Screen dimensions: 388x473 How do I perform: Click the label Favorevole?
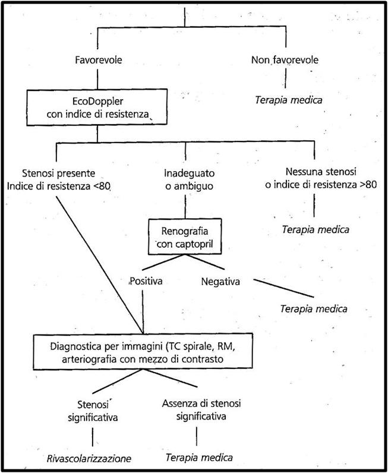click(99, 60)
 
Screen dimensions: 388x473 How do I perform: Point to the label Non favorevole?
click(285, 60)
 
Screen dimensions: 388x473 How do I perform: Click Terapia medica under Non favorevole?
click(289, 100)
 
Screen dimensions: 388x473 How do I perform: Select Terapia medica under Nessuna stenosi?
click(316, 229)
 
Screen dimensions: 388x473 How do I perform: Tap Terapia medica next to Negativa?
click(314, 308)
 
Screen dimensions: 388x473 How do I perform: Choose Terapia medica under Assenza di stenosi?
click(199, 458)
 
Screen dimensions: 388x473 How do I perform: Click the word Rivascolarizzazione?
click(89, 459)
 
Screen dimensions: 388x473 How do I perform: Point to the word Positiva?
click(146, 281)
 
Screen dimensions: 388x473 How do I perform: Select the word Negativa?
click(220, 282)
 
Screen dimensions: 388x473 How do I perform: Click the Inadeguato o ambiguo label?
click(189, 179)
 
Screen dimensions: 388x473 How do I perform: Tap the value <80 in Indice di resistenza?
click(102, 186)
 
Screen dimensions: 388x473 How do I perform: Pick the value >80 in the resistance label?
click(368, 184)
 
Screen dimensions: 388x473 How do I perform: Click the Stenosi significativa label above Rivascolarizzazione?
click(93, 411)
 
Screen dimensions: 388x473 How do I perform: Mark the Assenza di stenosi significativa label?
click(201, 409)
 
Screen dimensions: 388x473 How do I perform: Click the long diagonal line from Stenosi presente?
click(100, 265)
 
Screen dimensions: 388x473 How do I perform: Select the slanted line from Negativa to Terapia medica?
click(283, 288)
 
